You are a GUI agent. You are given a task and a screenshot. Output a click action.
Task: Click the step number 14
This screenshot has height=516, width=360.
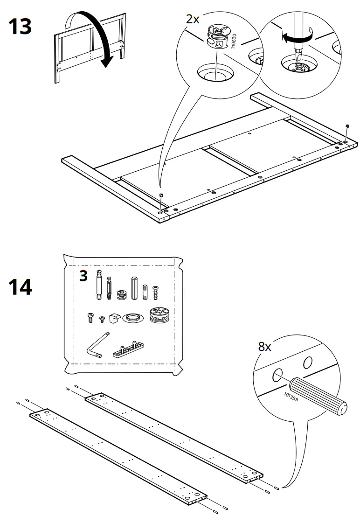click(x=20, y=287)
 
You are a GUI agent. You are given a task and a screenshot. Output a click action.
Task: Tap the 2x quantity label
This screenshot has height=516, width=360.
click(x=192, y=19)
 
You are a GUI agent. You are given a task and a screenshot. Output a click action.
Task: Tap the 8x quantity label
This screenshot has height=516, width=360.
click(x=264, y=347)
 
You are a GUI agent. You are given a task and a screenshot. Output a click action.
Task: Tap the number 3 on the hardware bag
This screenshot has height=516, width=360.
click(x=83, y=276)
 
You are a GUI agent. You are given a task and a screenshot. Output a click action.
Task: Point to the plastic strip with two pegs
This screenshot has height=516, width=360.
click(x=129, y=349)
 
